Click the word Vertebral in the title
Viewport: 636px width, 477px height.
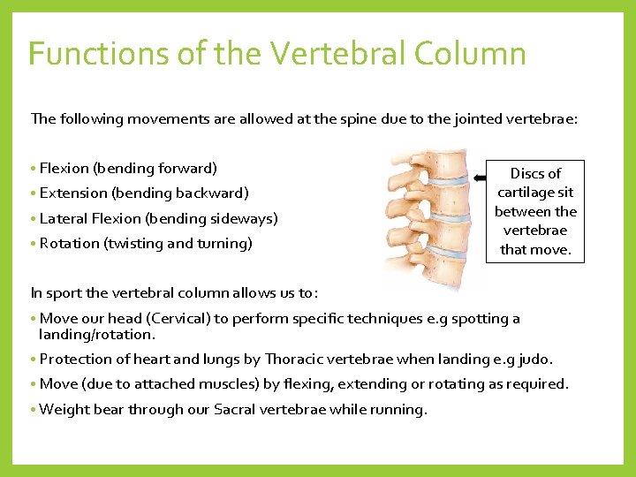[337, 54]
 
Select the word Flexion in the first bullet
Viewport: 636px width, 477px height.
[64, 168]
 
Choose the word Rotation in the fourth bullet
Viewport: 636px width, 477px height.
[70, 243]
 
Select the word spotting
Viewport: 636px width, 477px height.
[479, 318]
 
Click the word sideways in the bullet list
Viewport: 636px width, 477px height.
[243, 218]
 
